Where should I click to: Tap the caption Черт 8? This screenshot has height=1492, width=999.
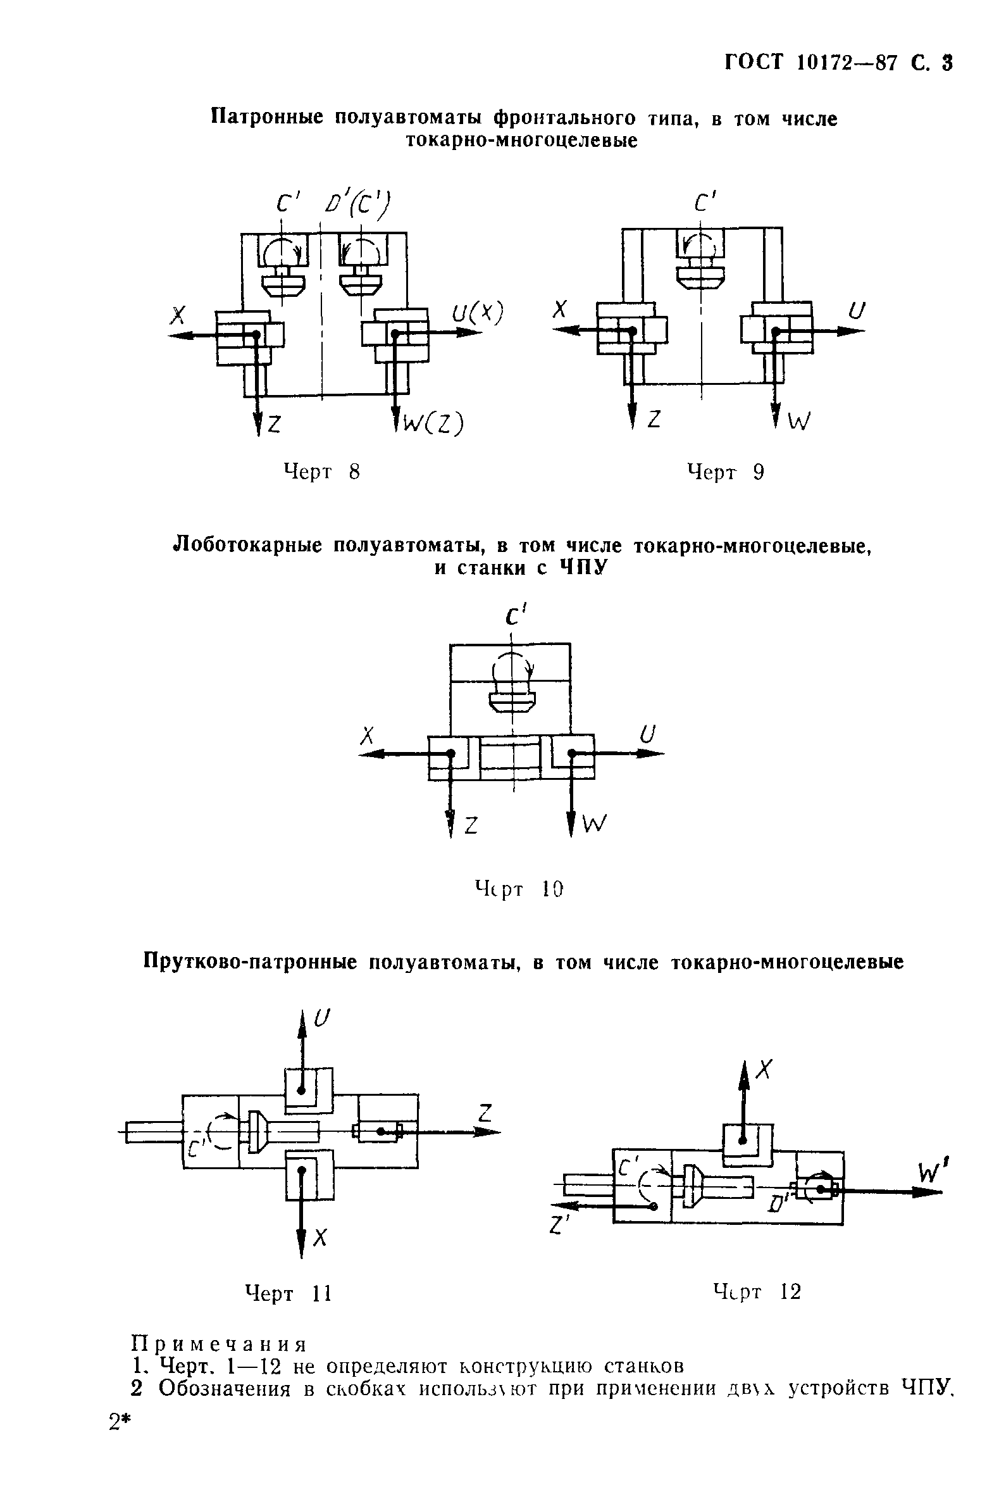(322, 472)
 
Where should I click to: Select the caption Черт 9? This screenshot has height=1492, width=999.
(725, 472)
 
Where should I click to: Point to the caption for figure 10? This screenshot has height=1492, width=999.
(519, 889)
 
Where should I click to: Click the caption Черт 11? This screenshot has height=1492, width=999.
(289, 1293)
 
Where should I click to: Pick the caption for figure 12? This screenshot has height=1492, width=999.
(756, 1292)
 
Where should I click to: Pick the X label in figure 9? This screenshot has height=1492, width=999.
(559, 311)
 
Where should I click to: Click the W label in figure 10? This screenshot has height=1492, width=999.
(595, 825)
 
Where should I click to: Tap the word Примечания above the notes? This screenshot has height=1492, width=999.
(218, 1345)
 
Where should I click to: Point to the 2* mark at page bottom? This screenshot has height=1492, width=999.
(119, 1422)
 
